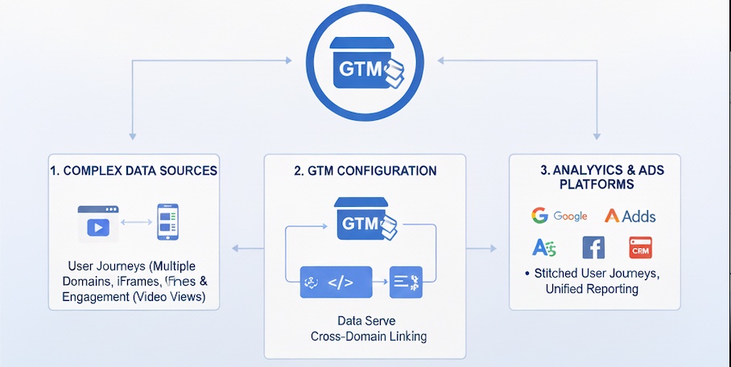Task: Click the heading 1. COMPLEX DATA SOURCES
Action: (x=134, y=171)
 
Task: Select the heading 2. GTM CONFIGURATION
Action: (x=365, y=171)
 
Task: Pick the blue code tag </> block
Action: (x=336, y=282)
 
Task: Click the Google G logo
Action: (x=539, y=216)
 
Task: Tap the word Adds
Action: (x=638, y=216)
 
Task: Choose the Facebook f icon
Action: (x=593, y=248)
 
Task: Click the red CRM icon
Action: (x=640, y=248)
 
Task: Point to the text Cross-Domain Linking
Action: (x=365, y=336)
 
